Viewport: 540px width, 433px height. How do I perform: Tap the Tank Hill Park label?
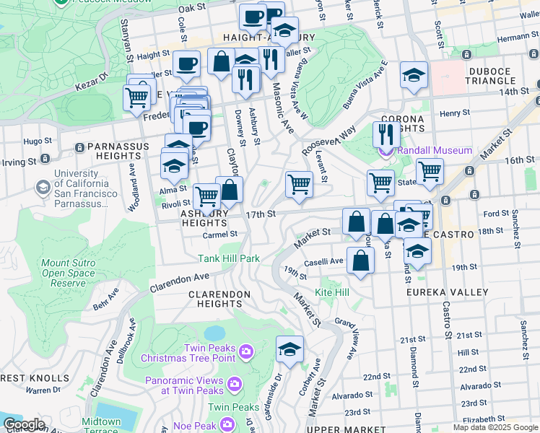click(229, 258)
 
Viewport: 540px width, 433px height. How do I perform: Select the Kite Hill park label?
click(332, 292)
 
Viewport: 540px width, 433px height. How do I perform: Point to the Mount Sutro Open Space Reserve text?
click(67, 274)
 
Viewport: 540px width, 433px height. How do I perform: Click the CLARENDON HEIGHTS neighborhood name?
click(219, 299)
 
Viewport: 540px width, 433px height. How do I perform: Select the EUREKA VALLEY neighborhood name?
click(440, 292)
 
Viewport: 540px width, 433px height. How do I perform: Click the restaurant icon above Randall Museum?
click(386, 134)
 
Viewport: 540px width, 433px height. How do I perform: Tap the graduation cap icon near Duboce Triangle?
click(414, 76)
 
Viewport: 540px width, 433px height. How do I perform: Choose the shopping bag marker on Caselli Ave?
click(360, 261)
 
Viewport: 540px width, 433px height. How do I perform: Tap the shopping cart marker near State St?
click(430, 171)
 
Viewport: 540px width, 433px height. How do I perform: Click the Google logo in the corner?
click(24, 424)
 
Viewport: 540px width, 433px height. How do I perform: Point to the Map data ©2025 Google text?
click(495, 428)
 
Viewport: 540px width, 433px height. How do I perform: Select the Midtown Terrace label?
click(101, 426)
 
